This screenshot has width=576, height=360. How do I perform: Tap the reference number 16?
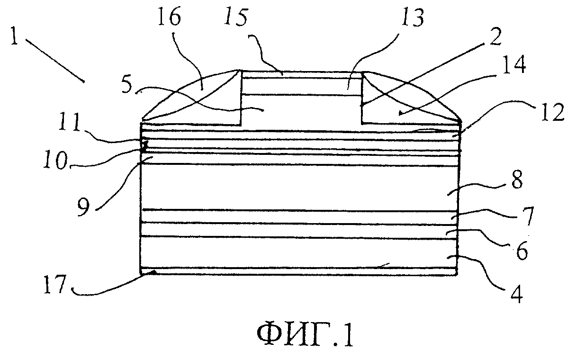169,16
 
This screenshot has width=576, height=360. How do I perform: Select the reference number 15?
235,17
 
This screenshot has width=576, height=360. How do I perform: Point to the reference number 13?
413,17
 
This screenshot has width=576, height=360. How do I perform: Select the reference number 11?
69,122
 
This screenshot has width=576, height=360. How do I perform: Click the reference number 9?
84,207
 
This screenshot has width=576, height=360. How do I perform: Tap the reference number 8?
517,180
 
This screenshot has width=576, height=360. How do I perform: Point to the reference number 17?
55,284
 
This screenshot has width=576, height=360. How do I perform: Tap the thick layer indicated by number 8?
299,188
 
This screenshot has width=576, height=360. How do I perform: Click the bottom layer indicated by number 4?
299,252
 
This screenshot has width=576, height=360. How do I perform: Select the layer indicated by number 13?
302,87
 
